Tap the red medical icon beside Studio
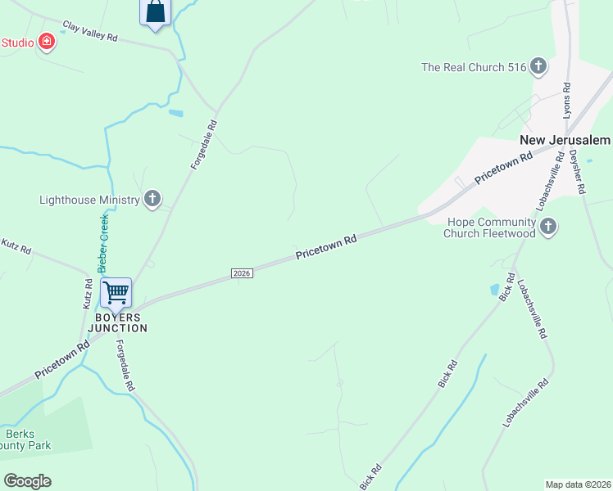pos(47,42)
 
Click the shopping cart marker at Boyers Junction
pos(116,292)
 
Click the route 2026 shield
pos(241,273)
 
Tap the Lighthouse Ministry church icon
pos(152,199)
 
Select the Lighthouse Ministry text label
pos(89,199)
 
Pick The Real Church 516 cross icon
pos(538,66)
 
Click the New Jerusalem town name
pos(565,140)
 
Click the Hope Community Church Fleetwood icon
pos(549,226)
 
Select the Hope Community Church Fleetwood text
pos(489,227)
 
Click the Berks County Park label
pos(27,439)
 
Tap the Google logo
pos(27,480)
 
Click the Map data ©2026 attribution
pos(578,484)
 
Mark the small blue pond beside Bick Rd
pos(494,289)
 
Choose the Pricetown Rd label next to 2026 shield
pos(326,248)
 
